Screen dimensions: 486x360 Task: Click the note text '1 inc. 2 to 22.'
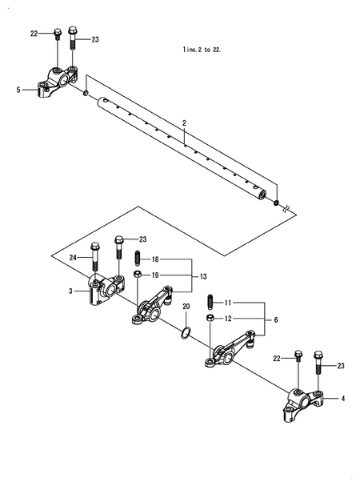(x=202, y=49)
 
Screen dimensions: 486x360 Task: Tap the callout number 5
(x=18, y=90)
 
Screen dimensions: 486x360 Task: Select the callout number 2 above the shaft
(x=184, y=123)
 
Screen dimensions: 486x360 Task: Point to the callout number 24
(x=72, y=257)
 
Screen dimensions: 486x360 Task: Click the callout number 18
(x=155, y=259)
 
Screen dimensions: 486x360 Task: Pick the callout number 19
(x=155, y=275)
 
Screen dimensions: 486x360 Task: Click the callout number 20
(x=186, y=307)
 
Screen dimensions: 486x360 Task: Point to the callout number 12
(x=227, y=319)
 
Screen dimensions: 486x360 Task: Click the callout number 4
(x=343, y=398)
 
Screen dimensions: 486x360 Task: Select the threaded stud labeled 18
(x=138, y=259)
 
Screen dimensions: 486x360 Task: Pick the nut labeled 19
(x=138, y=275)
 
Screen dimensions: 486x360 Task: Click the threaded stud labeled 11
(x=210, y=303)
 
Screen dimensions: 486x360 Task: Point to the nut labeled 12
(x=210, y=319)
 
